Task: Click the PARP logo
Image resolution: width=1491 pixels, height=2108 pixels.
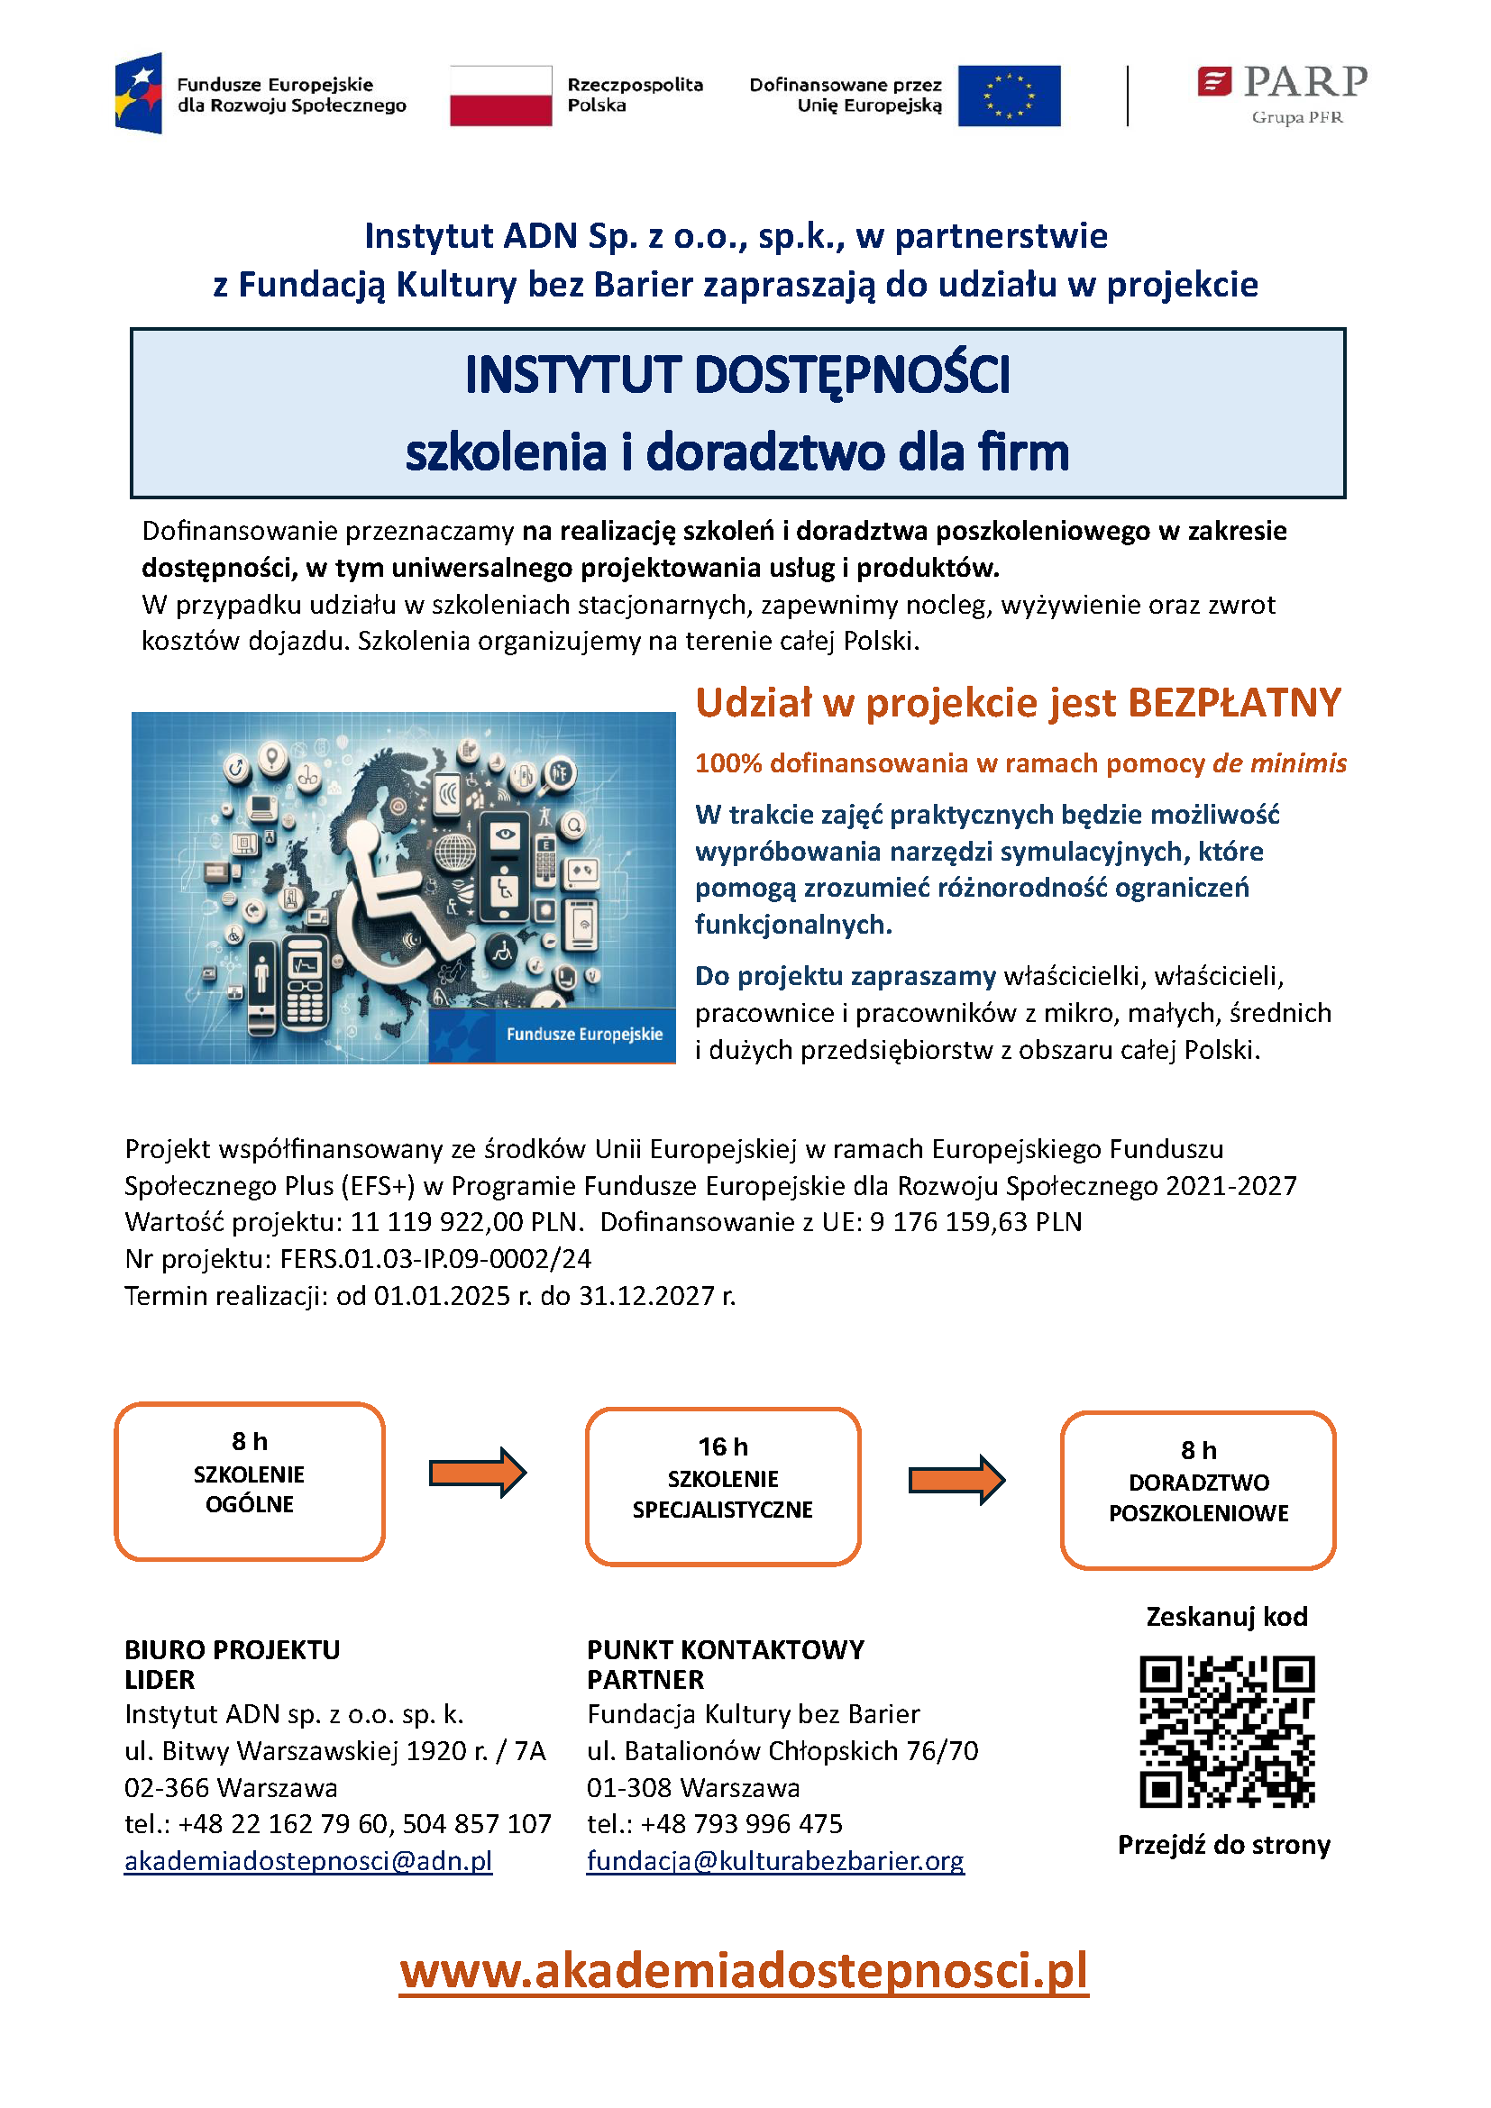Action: pos(1282,93)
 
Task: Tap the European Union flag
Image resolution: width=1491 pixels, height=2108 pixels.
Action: pos(1008,96)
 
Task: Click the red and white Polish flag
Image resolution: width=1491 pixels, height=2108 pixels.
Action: pos(500,96)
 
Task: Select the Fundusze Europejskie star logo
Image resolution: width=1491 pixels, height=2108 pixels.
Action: pos(140,94)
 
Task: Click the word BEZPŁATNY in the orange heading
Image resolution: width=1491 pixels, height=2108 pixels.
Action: pos(1234,703)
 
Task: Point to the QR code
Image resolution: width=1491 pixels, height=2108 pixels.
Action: pos(1227,1731)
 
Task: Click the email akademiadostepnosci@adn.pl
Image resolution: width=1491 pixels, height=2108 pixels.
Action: pos(308,1861)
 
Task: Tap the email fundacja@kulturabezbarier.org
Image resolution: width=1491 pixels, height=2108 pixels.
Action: pos(776,1861)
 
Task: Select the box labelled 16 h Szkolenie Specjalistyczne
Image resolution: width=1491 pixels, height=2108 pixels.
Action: pos(723,1486)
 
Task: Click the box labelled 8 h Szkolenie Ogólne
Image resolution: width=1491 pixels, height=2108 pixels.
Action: pos(250,1481)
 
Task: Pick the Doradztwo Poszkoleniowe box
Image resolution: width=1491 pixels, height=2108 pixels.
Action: pos(1198,1490)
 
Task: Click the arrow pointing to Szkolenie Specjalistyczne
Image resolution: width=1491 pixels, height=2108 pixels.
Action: pos(478,1473)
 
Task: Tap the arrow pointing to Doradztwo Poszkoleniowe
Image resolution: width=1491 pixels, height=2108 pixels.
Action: pos(956,1479)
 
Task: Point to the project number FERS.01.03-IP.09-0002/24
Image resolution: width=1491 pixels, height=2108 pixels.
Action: pos(435,1259)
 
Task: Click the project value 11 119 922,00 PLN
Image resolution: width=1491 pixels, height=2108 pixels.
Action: pos(466,1222)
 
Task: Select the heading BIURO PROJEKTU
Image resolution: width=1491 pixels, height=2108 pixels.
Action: pos(233,1650)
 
